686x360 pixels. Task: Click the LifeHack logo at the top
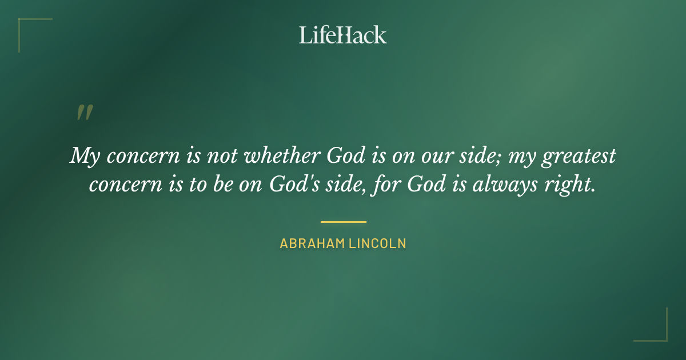click(x=343, y=35)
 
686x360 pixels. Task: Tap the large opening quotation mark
click(x=84, y=113)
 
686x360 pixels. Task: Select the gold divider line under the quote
click(x=343, y=222)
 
